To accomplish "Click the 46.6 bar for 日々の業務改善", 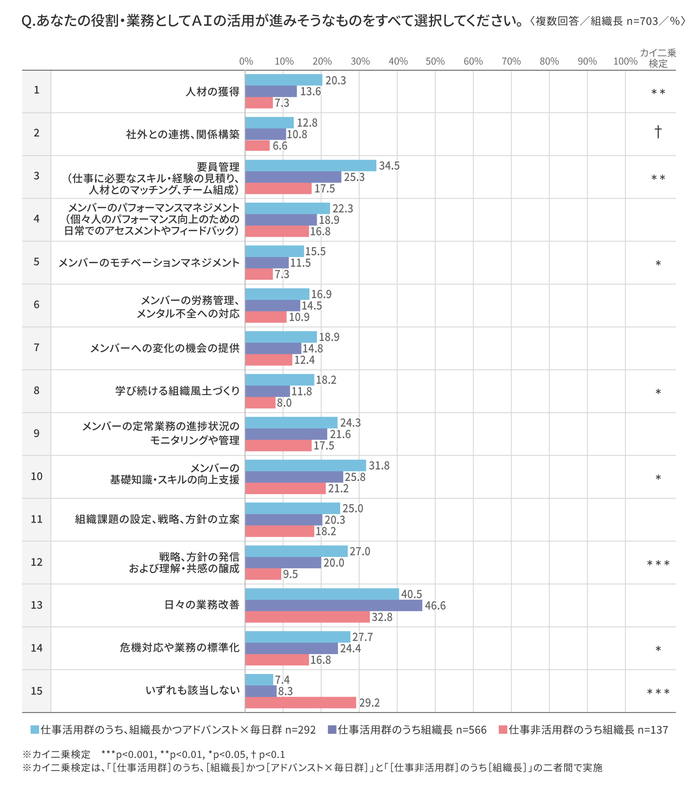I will point(334,606).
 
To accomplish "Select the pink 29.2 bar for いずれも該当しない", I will point(300,703).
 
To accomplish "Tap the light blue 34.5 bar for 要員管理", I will point(311,166).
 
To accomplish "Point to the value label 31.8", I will point(379,466).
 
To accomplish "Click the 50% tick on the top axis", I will point(435,61).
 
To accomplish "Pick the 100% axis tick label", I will point(625,61).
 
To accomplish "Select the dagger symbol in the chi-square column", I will point(658,132).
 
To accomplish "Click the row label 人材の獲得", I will point(212,91).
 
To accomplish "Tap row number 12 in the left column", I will point(37,562).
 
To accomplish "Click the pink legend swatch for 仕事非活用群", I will point(503,730).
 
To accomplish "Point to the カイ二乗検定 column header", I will point(658,58).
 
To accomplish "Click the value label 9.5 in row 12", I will point(290,574).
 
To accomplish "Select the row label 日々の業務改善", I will point(202,605).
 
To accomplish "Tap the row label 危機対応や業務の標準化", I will point(179,648).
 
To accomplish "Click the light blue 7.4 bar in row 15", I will point(259,680).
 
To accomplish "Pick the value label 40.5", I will point(411,594).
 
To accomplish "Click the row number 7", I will point(37,348).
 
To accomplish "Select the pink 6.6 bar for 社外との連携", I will point(257,146).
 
